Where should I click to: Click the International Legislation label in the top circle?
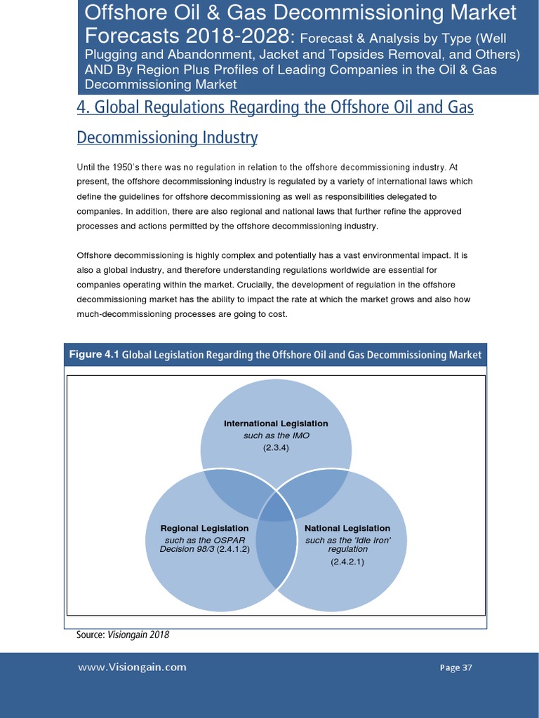(x=276, y=424)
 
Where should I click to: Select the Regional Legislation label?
(x=204, y=528)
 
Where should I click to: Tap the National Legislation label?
(x=347, y=528)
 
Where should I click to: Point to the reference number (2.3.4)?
(x=276, y=447)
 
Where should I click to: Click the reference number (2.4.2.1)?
(x=347, y=562)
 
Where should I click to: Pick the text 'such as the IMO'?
(x=276, y=435)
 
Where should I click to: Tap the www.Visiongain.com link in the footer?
(x=132, y=668)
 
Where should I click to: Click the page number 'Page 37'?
(x=455, y=668)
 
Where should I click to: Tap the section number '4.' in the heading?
(x=82, y=107)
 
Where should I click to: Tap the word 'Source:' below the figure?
(x=91, y=635)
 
